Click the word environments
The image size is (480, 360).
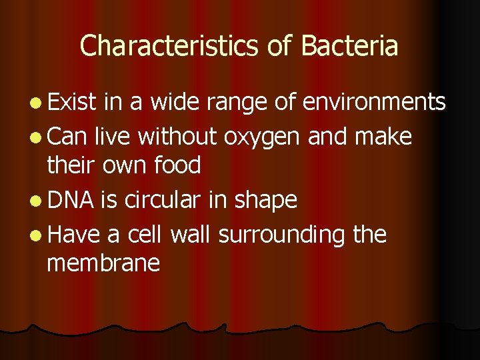click(374, 102)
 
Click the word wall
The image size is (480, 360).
click(192, 234)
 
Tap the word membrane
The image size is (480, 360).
click(103, 263)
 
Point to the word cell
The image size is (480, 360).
click(143, 234)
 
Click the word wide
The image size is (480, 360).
click(171, 102)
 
